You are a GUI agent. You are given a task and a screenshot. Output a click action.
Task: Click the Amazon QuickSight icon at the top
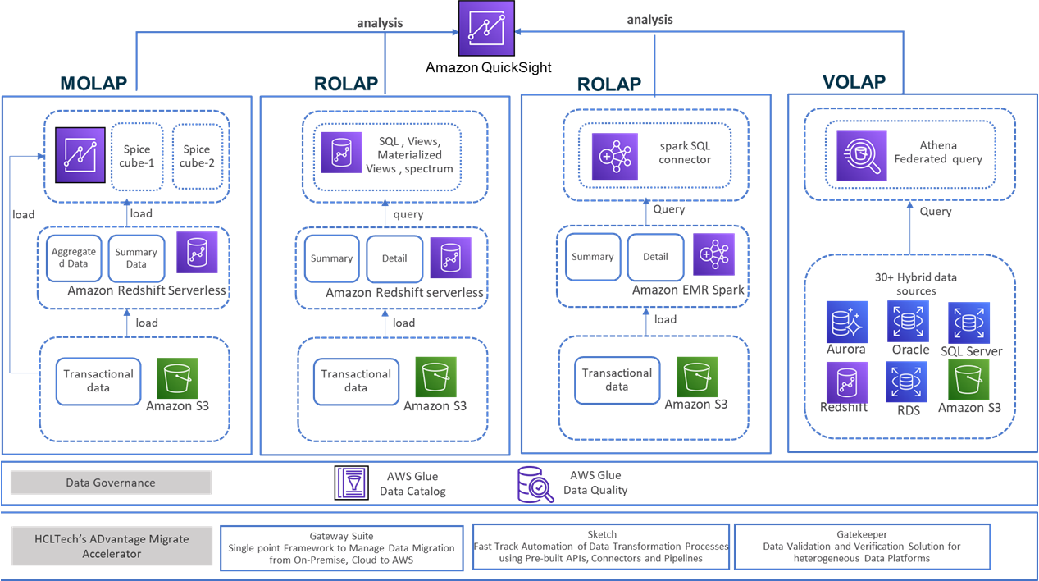pyautogui.click(x=486, y=28)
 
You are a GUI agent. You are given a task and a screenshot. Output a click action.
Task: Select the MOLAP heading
pyautogui.click(x=93, y=84)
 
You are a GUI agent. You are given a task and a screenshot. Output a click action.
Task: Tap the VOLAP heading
pyautogui.click(x=854, y=82)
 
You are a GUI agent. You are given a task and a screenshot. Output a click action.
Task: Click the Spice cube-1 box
pyautogui.click(x=137, y=157)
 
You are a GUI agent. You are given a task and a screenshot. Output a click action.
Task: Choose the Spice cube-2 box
pyautogui.click(x=197, y=157)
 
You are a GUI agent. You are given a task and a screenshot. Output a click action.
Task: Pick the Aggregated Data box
pyautogui.click(x=74, y=258)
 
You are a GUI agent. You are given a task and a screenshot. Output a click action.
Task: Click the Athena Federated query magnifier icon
pyautogui.click(x=862, y=156)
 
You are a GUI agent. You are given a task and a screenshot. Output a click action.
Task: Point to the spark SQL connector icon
pyautogui.click(x=615, y=157)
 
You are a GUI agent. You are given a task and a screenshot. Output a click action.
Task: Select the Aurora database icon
pyautogui.click(x=847, y=322)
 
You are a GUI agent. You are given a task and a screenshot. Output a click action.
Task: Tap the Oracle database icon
pyautogui.click(x=908, y=321)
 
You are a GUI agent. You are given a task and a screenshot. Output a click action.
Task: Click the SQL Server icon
pyautogui.click(x=969, y=323)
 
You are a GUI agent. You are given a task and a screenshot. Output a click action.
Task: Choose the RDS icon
pyautogui.click(x=906, y=382)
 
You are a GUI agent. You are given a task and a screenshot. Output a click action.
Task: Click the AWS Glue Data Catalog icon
pyautogui.click(x=352, y=483)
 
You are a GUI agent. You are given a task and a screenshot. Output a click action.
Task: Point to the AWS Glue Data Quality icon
pyautogui.click(x=535, y=484)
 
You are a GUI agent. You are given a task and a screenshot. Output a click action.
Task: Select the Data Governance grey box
pyautogui.click(x=111, y=483)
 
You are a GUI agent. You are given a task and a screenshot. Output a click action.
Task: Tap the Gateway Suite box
pyautogui.click(x=342, y=548)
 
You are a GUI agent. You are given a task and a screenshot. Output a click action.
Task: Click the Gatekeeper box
pyautogui.click(x=862, y=547)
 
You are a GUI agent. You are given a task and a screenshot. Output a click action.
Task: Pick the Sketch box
pyautogui.click(x=601, y=547)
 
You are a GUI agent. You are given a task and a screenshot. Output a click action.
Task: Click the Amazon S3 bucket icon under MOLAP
pyautogui.click(x=178, y=378)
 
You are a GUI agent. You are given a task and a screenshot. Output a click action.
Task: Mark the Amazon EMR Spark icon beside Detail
pyautogui.click(x=713, y=254)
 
